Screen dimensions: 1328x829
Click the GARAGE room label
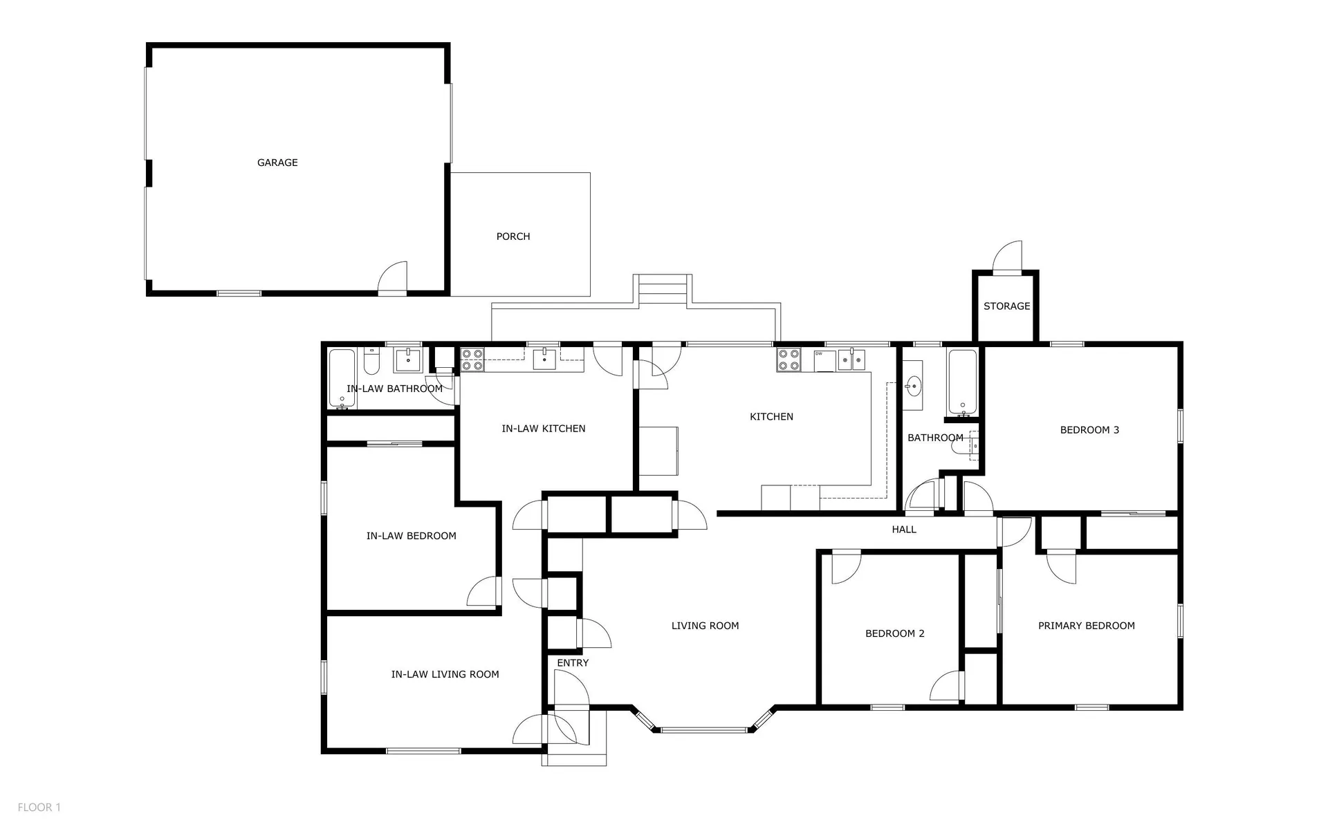[x=277, y=162]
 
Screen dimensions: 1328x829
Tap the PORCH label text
[x=513, y=236]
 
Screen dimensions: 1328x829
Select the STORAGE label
[x=1006, y=306]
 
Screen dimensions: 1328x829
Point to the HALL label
[x=904, y=530]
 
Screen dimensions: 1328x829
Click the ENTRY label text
[x=573, y=663]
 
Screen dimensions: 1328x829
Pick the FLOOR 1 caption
[x=39, y=808]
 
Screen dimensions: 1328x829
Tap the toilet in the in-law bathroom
[x=371, y=360]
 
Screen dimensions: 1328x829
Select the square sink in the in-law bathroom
[x=408, y=360]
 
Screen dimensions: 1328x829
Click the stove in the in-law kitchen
[x=472, y=360]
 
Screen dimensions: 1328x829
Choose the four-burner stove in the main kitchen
[x=788, y=360]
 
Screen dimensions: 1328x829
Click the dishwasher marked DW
[x=825, y=361]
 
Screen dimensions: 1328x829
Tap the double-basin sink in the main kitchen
[x=852, y=360]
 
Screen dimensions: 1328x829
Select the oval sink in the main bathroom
[x=913, y=385]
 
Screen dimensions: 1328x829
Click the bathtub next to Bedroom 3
[x=962, y=384]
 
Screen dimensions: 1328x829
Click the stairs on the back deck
[x=663, y=290]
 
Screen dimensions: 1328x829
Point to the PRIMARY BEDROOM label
[x=1086, y=626]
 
